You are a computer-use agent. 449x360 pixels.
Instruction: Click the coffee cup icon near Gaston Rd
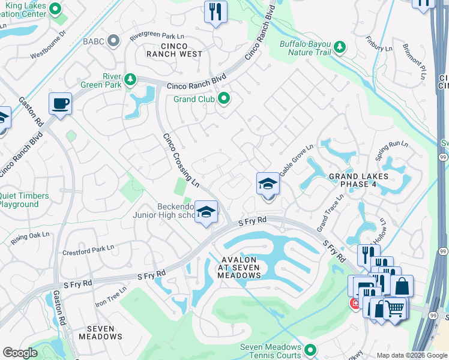60,103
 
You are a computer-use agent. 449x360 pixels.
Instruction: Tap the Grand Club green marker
224,98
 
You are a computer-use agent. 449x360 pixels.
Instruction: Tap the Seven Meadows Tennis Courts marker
310,350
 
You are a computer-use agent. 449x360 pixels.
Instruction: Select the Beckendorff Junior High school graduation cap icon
206,212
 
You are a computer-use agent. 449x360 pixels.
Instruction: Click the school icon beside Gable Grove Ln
268,184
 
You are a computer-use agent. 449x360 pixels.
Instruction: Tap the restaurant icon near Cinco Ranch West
215,11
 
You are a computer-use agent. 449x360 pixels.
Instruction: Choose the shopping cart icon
395,308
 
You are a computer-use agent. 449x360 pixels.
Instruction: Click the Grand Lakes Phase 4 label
358,180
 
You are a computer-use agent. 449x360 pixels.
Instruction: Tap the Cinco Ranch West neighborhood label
173,49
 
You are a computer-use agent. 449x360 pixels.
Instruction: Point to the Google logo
20,353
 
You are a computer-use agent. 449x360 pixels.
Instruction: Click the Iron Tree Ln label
111,296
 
